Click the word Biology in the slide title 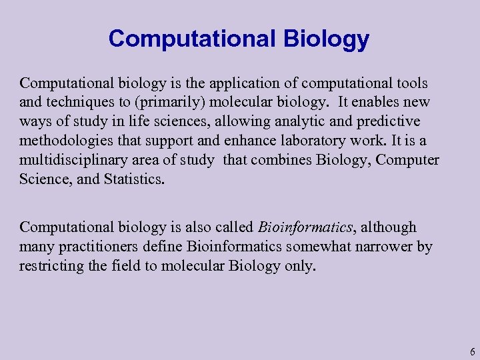(x=326, y=39)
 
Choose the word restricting (x=50, y=267)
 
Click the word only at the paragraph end (x=300, y=267)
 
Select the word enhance (x=239, y=142)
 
